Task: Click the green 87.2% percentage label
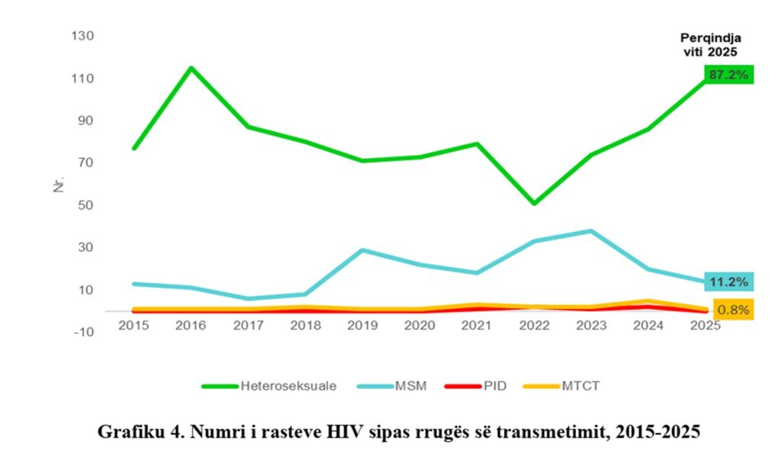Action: pyautogui.click(x=729, y=74)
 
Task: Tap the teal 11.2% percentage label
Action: pyautogui.click(x=729, y=282)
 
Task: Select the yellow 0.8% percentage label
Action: pyautogui.click(x=732, y=310)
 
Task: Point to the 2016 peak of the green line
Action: pyautogui.click(x=191, y=68)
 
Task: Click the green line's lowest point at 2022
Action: pyautogui.click(x=534, y=204)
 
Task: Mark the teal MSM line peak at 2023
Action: pyautogui.click(x=591, y=230)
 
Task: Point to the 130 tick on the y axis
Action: pyautogui.click(x=82, y=36)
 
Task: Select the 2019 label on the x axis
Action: pyautogui.click(x=362, y=324)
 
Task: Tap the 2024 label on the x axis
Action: pyautogui.click(x=648, y=324)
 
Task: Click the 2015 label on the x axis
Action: pyautogui.click(x=133, y=324)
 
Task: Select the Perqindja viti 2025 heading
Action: pyautogui.click(x=711, y=44)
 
